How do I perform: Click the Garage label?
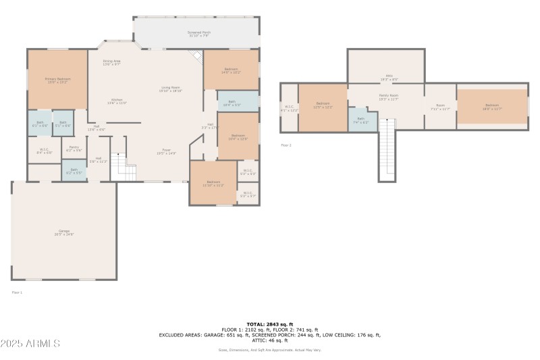(x=65, y=232)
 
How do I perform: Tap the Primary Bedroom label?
(x=58, y=80)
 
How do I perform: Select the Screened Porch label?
(x=198, y=33)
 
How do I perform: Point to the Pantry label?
(x=74, y=149)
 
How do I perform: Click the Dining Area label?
(x=111, y=62)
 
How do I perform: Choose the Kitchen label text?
(x=117, y=101)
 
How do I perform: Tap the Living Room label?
(x=170, y=88)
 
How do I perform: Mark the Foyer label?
(x=166, y=151)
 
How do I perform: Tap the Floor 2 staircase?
(x=387, y=149)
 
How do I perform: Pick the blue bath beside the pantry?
(x=74, y=170)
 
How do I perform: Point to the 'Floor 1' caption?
(x=17, y=292)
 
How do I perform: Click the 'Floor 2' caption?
(x=286, y=145)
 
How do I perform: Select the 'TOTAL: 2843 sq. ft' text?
(x=269, y=324)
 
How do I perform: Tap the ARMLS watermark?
(x=31, y=343)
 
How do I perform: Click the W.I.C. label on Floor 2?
(x=289, y=107)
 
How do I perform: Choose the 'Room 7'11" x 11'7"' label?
(x=440, y=107)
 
